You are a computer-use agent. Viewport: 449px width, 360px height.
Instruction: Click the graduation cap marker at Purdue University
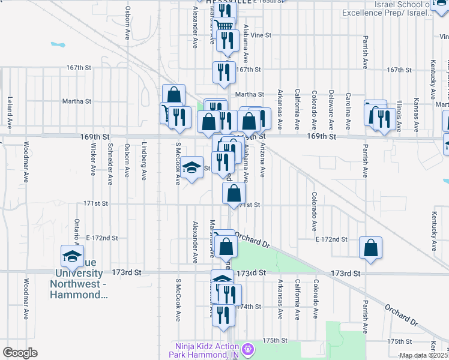pyautogui.click(x=72, y=256)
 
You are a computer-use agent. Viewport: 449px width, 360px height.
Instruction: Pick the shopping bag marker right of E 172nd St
pyautogui.click(x=370, y=248)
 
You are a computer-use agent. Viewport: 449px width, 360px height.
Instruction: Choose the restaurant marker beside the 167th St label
pyautogui.click(x=223, y=73)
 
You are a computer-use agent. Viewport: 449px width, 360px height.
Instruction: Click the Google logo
pyautogui.click(x=20, y=353)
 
